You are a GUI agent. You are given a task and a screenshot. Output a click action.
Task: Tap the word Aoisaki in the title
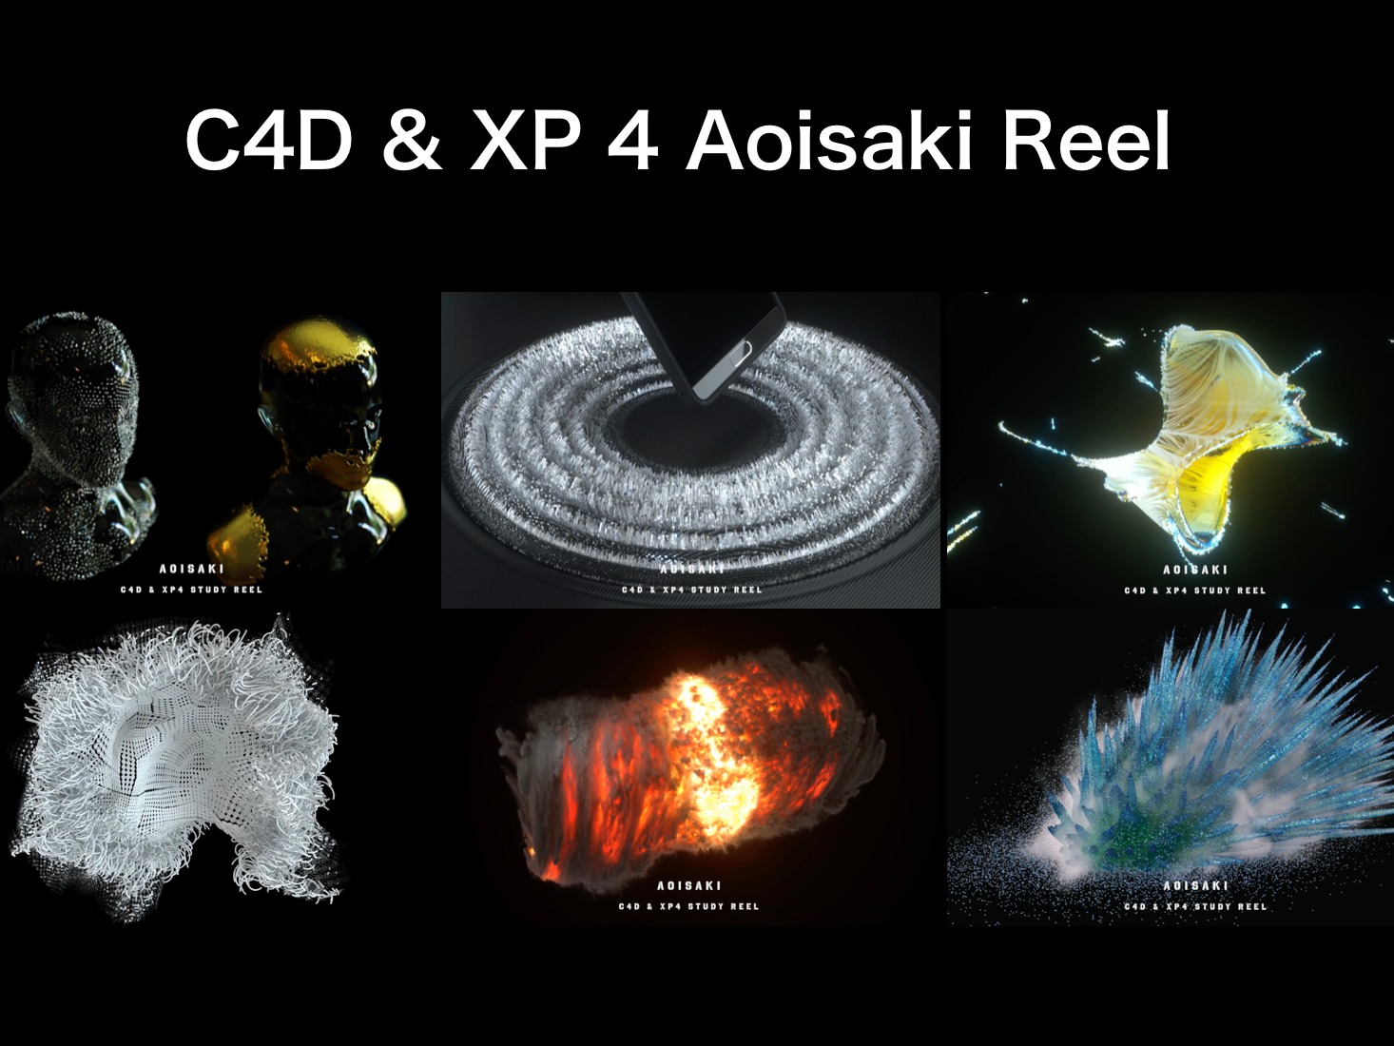coord(829,141)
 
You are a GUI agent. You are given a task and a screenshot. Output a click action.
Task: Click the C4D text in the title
coord(268,141)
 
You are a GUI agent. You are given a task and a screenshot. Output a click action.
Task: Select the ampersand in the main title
coord(412,141)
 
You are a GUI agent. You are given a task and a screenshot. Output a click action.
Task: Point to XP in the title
coord(525,141)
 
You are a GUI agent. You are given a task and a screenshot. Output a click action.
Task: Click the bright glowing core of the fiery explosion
coord(713,751)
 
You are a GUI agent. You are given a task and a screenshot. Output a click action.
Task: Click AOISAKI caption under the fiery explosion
coord(689,885)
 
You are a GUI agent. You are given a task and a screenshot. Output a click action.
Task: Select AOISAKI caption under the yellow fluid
coord(1195,570)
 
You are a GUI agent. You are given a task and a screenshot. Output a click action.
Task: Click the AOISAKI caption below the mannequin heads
coord(191,569)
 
